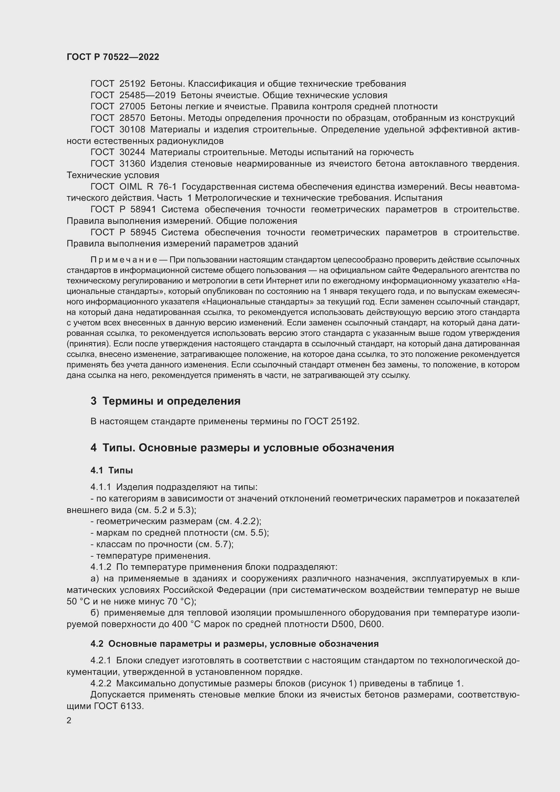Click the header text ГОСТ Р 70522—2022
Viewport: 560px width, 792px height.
tap(113, 57)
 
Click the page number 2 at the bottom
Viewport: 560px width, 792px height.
tap(69, 721)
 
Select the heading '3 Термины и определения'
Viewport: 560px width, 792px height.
tap(166, 401)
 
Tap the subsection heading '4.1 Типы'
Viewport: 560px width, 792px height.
tap(112, 470)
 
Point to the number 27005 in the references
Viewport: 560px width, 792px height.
tap(132, 107)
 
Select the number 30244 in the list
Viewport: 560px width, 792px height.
tap(132, 152)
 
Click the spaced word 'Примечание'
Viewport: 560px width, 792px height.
tap(124, 259)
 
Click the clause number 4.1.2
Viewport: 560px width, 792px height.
tap(101, 567)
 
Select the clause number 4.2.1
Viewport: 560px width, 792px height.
tap(101, 661)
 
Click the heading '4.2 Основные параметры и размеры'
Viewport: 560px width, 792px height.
tap(235, 644)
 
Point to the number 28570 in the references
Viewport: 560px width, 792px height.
tap(132, 118)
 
